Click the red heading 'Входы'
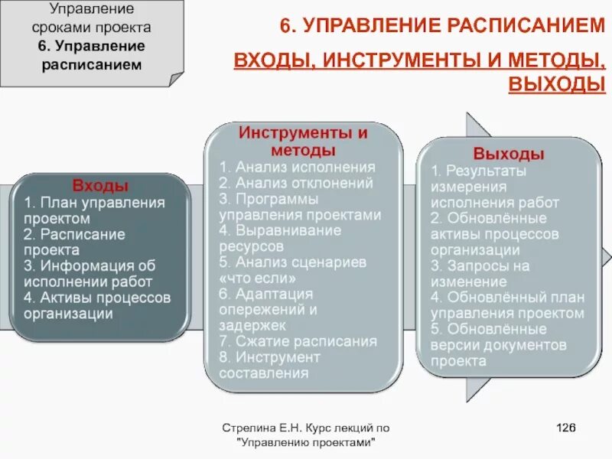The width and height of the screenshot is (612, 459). pos(100,185)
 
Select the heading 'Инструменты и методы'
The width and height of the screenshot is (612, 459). pos(303,141)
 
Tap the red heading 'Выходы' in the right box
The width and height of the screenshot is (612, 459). pos(508,153)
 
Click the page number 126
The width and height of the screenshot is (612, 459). pos(565,428)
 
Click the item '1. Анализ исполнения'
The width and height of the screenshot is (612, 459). pos(297,168)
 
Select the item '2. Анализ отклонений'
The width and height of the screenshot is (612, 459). pos(295,184)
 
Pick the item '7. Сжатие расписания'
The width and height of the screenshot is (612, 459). pos(298,341)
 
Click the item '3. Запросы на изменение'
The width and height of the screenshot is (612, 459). pos(480,274)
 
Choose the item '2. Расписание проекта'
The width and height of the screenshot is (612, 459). pos(73,242)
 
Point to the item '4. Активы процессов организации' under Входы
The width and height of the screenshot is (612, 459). pos(96,305)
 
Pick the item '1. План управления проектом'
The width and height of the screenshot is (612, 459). pos(94,210)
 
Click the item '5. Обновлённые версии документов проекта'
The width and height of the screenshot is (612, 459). pos(497,345)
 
